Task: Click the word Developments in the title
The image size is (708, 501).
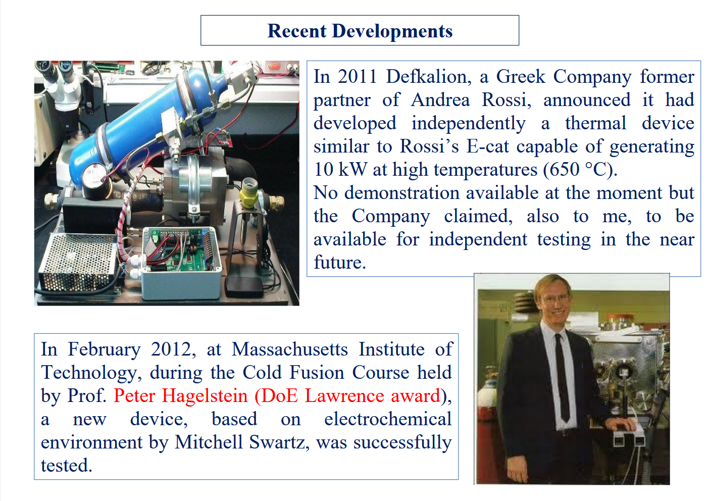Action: (392, 31)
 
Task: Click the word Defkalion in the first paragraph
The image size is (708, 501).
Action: (429, 77)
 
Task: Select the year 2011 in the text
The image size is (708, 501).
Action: (357, 77)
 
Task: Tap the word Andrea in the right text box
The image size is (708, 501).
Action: (440, 100)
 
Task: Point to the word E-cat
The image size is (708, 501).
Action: (488, 146)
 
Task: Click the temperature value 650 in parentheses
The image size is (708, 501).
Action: (565, 169)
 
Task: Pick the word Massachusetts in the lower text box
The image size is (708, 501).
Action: (289, 349)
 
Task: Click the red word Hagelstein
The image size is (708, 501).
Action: (205, 396)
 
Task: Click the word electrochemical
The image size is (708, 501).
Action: (388, 419)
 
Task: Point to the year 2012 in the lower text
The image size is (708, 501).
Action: (171, 349)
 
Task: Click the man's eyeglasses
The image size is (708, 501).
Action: (557, 298)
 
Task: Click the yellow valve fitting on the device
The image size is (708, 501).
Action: (249, 193)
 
